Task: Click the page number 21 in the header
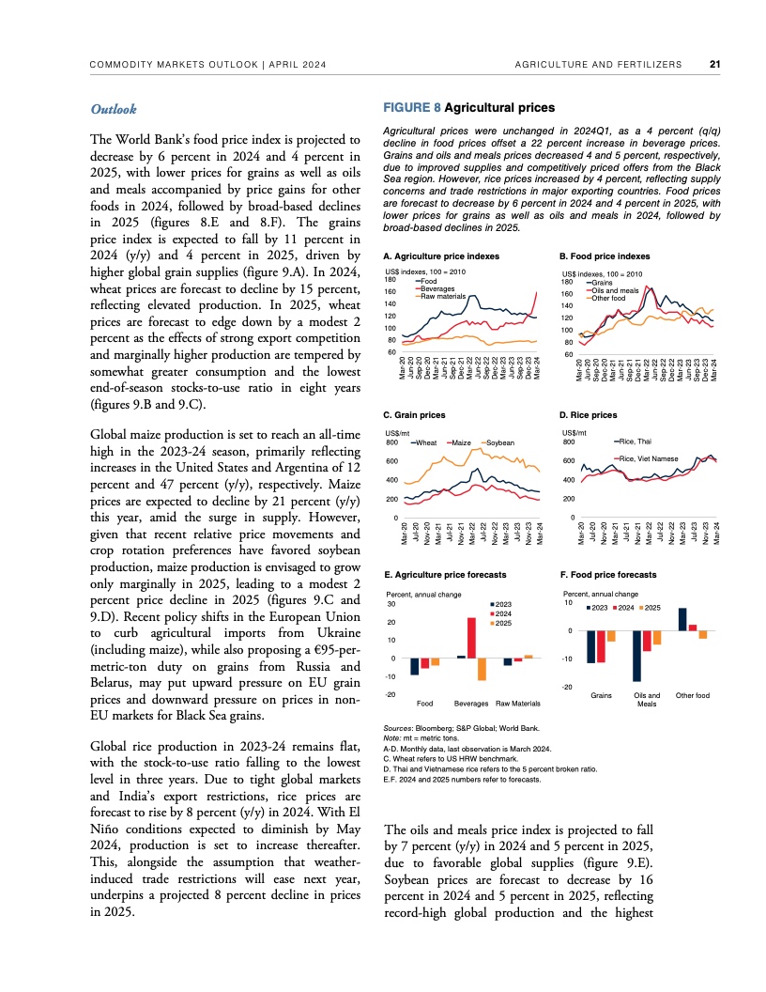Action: (x=714, y=65)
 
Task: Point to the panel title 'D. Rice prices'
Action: (x=588, y=414)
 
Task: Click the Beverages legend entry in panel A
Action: (x=437, y=288)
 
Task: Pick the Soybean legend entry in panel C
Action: (x=498, y=442)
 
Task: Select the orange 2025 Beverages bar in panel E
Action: (x=483, y=668)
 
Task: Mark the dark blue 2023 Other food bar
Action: (x=682, y=619)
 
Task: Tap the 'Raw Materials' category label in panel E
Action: (x=517, y=703)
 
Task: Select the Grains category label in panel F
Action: (x=602, y=695)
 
